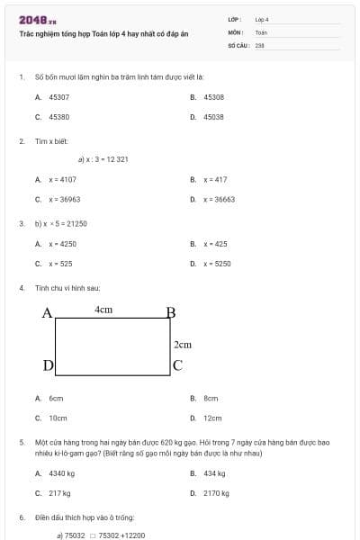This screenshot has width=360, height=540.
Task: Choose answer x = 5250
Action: point(217,264)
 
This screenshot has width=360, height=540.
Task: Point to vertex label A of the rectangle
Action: point(48,313)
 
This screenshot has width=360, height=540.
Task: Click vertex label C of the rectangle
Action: point(177,364)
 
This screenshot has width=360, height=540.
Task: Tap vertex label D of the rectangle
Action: point(49,364)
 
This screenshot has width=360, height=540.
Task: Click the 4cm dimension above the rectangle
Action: point(103,310)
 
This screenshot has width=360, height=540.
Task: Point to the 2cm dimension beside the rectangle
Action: point(183,344)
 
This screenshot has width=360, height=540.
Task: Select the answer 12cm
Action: point(212,418)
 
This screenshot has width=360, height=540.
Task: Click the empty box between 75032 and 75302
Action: point(92,535)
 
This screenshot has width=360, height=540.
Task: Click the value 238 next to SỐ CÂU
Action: point(259,44)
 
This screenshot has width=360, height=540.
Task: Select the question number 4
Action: point(21,288)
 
